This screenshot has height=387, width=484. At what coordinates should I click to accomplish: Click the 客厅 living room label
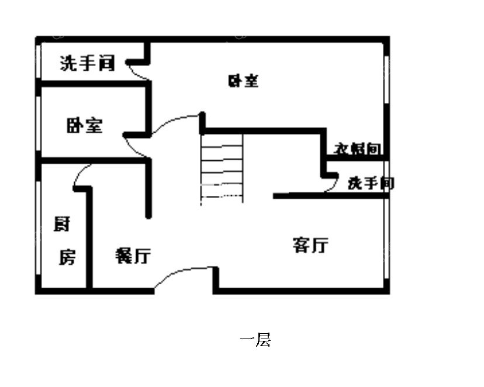(310, 245)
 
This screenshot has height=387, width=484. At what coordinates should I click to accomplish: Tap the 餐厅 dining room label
(133, 255)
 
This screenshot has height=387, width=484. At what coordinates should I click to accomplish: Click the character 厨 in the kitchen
(62, 224)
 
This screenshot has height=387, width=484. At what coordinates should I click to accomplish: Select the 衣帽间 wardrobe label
(357, 150)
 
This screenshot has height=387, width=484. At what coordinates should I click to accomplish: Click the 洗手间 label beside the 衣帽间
(371, 183)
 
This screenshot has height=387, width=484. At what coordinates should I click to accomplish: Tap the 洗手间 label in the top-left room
(87, 63)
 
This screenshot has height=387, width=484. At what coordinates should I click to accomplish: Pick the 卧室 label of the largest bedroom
(243, 81)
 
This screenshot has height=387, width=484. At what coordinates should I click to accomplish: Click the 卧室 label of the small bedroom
(85, 125)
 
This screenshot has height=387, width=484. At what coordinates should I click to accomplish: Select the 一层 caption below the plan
(255, 340)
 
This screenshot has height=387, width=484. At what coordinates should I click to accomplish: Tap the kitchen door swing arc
(81, 175)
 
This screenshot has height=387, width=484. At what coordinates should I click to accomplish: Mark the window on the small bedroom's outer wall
(39, 123)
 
